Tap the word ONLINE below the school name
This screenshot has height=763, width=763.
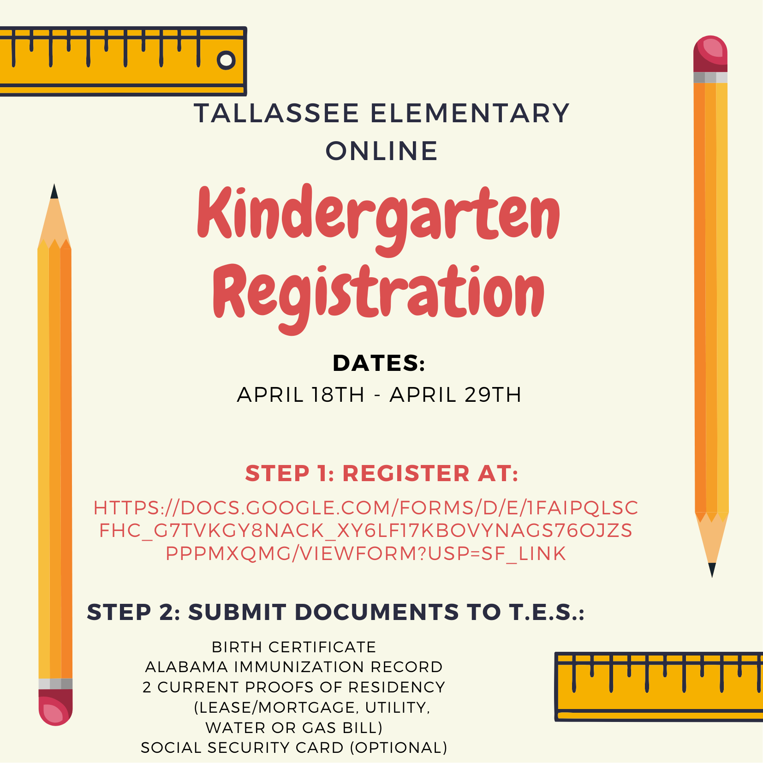381,151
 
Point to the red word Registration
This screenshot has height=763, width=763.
378,293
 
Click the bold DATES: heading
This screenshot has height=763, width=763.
379,363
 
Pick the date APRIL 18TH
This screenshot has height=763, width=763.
301,395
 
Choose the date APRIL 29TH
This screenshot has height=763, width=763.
456,395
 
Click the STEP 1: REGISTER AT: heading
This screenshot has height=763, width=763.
381,473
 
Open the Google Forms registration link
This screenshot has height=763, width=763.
366,531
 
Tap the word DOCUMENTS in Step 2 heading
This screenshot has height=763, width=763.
376,612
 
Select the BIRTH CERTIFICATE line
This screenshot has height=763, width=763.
294,647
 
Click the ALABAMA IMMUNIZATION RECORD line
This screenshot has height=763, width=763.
294,667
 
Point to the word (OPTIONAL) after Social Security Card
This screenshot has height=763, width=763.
399,747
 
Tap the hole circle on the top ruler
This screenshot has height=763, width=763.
226,60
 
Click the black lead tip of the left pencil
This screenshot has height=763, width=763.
54,191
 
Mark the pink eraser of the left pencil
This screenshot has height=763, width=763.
55,708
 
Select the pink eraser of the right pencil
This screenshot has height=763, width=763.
710,53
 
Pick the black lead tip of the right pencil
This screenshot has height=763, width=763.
712,570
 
